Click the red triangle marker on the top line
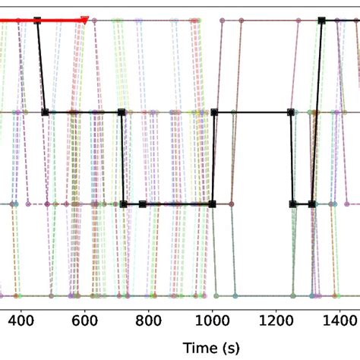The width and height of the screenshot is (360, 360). click(84, 21)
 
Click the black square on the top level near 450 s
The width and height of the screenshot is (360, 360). click(37, 21)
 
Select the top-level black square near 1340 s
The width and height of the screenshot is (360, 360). click(321, 21)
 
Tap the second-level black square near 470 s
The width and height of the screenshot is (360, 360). click(45, 112)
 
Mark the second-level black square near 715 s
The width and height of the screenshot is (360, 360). click(122, 112)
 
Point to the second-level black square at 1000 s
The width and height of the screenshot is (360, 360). click(214, 112)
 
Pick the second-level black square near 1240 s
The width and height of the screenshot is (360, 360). click(291, 112)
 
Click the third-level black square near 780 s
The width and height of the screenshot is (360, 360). click(142, 204)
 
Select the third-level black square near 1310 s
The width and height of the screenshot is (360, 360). click(312, 204)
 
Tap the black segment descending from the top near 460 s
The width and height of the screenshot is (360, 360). click(41, 67)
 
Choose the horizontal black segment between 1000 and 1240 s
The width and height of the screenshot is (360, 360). click(252, 112)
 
